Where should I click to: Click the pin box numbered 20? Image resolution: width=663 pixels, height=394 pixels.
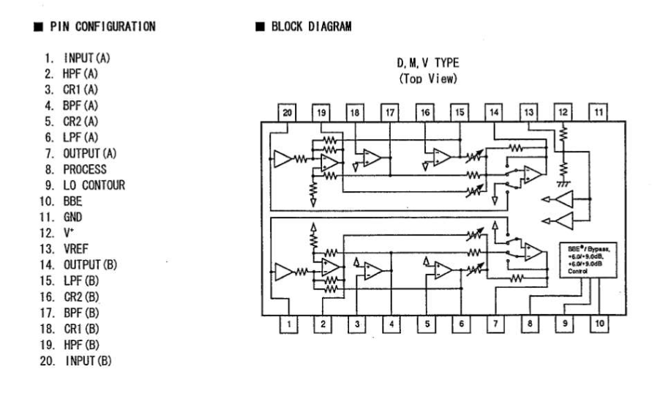point(287,113)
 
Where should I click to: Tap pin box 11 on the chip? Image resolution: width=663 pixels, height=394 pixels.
point(599,112)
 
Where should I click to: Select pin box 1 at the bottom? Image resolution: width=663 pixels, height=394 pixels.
point(289,324)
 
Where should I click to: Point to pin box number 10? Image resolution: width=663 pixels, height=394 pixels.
point(599,324)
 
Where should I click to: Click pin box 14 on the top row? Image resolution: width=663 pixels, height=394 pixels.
point(494,112)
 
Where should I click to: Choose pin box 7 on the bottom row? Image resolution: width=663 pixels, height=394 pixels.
point(495,324)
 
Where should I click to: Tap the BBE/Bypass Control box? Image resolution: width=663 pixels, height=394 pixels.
point(588,260)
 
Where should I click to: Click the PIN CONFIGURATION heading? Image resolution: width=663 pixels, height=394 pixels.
point(102,26)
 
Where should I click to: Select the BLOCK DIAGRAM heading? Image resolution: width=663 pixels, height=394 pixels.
point(311,26)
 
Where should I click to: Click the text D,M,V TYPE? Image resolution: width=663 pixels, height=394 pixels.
point(428,63)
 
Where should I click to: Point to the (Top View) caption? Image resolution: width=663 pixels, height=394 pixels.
point(428,78)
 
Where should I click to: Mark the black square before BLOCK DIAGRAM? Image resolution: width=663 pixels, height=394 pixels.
point(260,26)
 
